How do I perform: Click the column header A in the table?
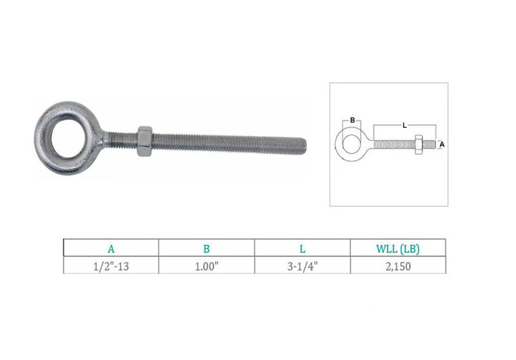(111, 249)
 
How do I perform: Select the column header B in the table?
(206, 249)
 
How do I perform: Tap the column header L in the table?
(303, 249)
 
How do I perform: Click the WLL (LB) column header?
(398, 249)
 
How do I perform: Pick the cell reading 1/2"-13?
(111, 266)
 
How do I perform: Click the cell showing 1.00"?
(206, 266)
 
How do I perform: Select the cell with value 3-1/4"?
(303, 266)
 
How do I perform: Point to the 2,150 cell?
(398, 266)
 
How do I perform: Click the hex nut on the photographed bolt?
(144, 141)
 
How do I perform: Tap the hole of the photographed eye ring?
(68, 137)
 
